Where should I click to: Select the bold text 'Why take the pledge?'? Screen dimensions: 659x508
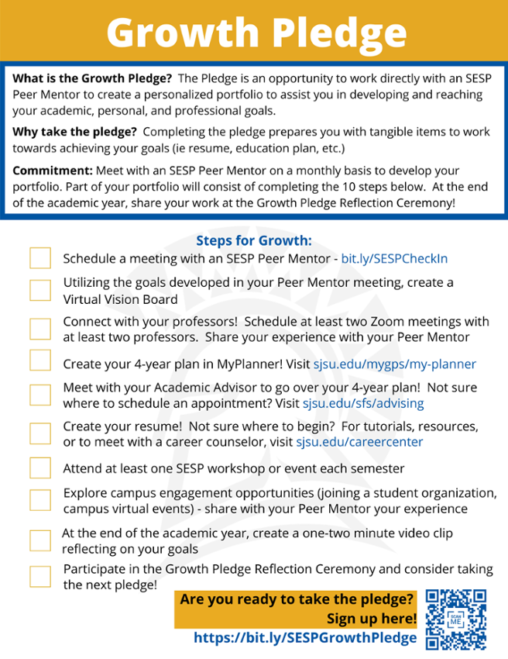pyautogui.click(x=75, y=131)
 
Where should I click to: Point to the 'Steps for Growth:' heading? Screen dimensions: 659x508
pyautogui.click(x=253, y=241)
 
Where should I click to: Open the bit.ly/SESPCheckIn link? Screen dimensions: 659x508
pyautogui.click(x=394, y=259)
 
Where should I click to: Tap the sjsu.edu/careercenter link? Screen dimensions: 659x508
pyautogui.click(x=359, y=443)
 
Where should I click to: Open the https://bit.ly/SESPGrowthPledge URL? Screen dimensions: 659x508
pyautogui.click(x=305, y=637)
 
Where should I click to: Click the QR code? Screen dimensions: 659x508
pyautogui.click(x=456, y=619)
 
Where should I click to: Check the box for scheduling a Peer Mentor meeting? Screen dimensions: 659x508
pyautogui.click(x=40, y=258)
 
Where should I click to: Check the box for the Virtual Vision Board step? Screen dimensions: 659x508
pyautogui.click(x=40, y=290)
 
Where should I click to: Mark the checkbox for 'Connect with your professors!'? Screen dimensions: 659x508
pyautogui.click(x=40, y=329)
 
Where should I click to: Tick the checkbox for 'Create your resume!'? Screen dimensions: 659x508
pyautogui.click(x=40, y=434)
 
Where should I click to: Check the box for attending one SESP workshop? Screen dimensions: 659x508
pyautogui.click(x=40, y=468)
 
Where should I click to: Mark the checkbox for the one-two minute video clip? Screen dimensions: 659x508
pyautogui.click(x=40, y=540)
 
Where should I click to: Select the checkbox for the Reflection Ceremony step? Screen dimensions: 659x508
pyautogui.click(x=40, y=576)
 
